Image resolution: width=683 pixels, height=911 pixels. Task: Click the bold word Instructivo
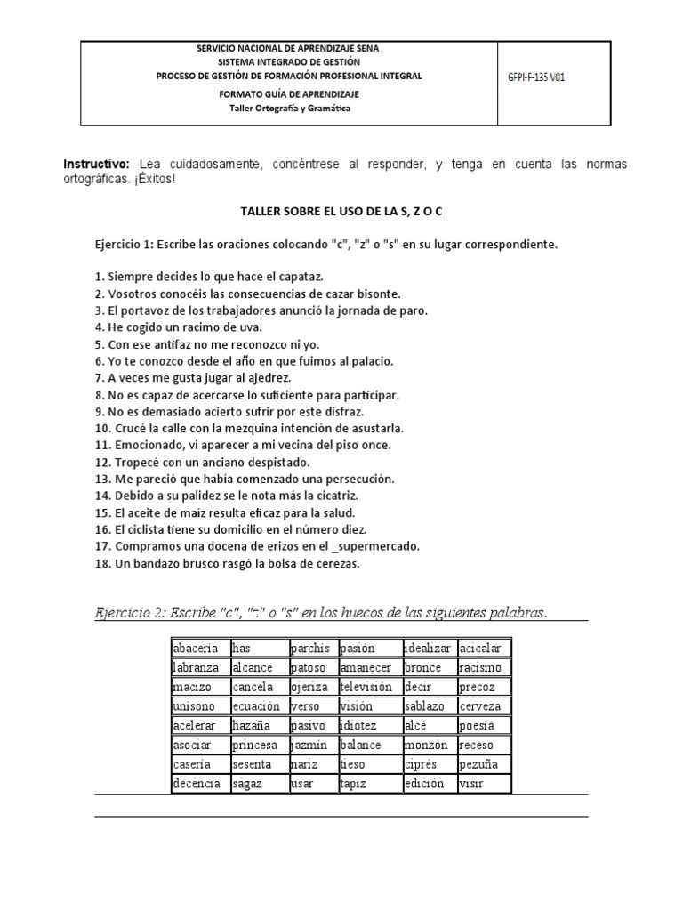tap(96, 165)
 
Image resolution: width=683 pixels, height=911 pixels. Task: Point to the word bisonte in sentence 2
tap(373, 294)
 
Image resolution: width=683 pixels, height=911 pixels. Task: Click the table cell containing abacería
tap(198, 649)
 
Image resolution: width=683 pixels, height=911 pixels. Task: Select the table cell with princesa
tap(257, 745)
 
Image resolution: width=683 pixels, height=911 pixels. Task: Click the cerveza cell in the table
tap(483, 706)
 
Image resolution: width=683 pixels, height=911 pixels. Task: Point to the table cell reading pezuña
tap(483, 764)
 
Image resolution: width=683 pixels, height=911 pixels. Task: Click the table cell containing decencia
tap(198, 784)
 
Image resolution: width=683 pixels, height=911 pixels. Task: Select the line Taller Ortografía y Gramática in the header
tap(289, 109)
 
